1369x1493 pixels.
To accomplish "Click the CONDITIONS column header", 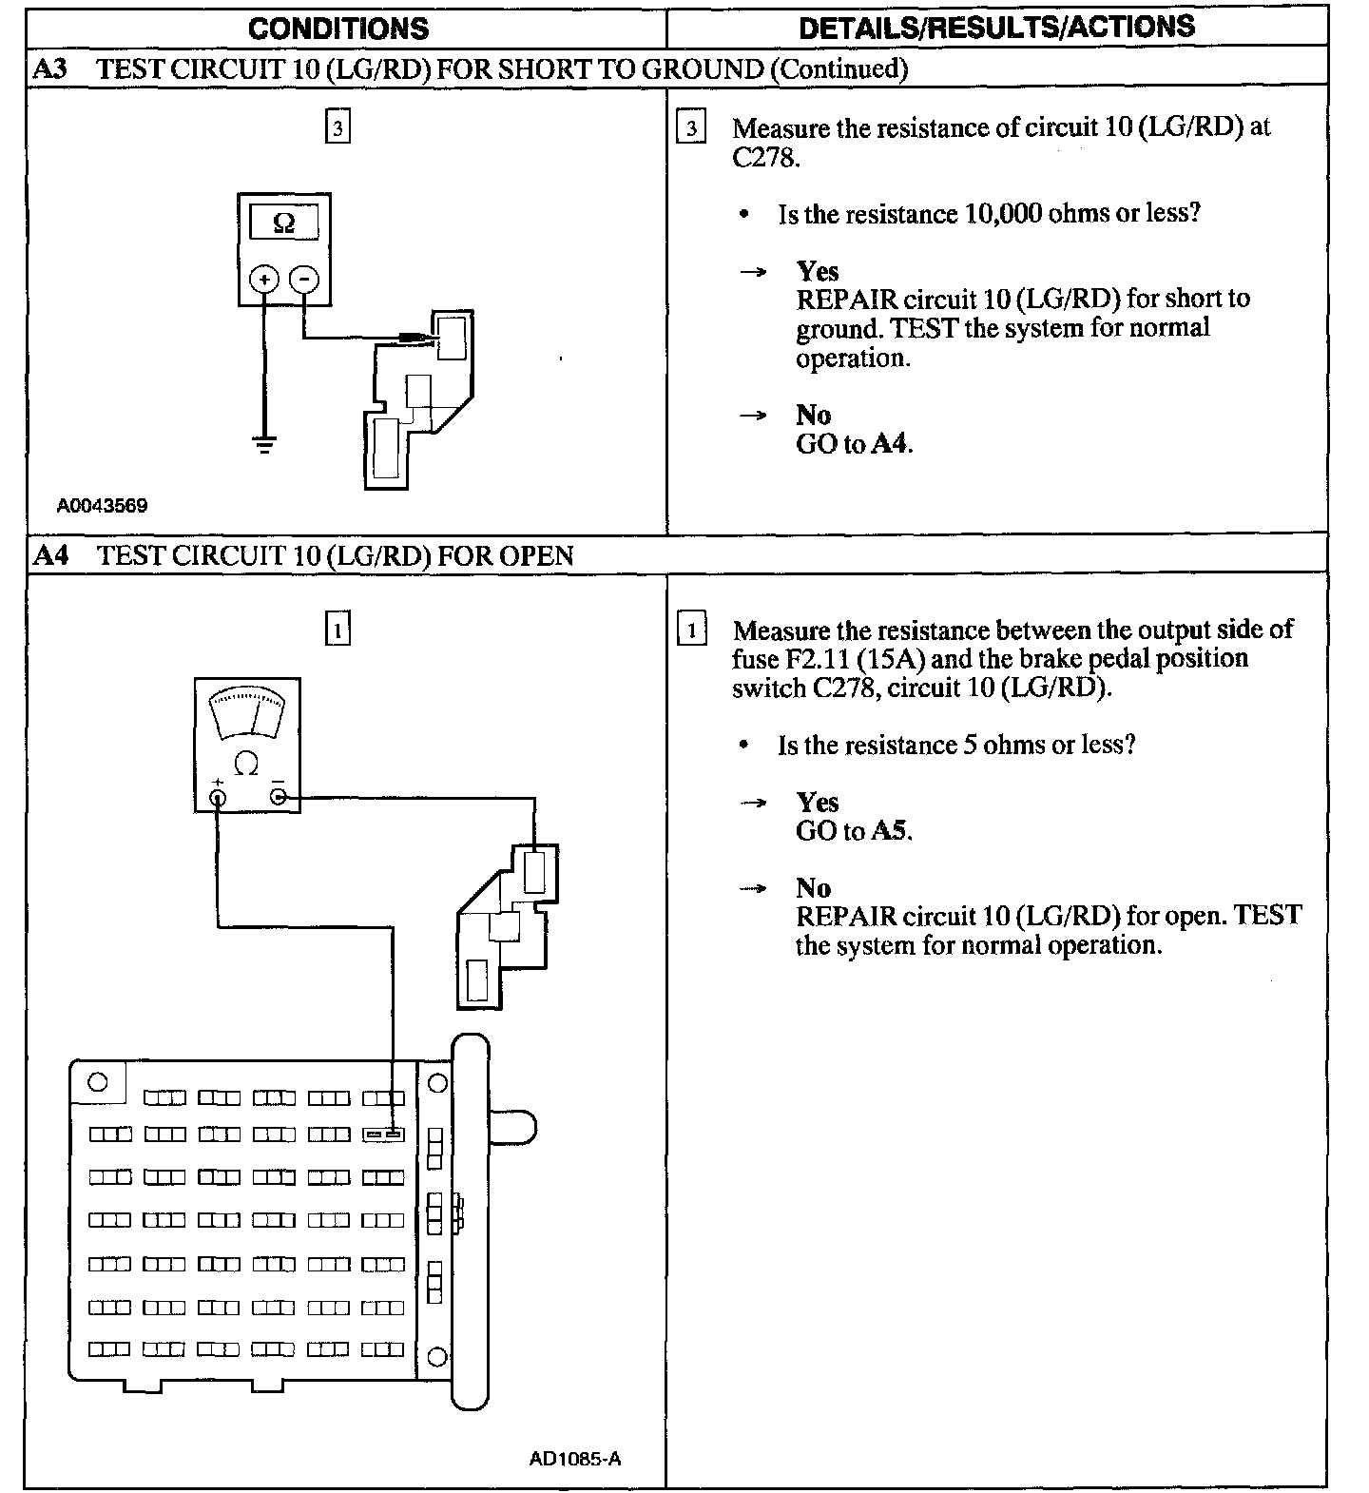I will tap(338, 28).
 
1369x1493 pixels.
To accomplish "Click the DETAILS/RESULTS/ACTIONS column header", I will tap(996, 27).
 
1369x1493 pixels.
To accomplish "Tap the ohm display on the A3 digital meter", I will tap(283, 223).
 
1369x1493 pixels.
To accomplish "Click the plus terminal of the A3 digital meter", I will tap(263, 279).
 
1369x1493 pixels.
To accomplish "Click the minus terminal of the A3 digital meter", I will tap(304, 279).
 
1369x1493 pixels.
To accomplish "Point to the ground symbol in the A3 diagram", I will tap(264, 443).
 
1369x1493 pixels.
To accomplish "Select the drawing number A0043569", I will tap(102, 506).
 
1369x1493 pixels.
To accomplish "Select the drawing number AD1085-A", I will tap(575, 1459).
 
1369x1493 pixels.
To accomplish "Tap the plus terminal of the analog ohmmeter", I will tap(218, 797).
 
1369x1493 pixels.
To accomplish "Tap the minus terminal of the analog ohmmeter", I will tap(279, 796).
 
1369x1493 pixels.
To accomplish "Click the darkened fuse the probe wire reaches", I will tap(383, 1134).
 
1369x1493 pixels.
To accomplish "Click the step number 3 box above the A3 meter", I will tap(337, 127).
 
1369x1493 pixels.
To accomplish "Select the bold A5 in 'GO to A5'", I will tap(891, 831).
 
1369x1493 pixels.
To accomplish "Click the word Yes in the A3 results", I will tap(818, 271).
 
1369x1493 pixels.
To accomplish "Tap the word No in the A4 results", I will tap(813, 888).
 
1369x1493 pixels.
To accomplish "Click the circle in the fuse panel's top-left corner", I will tap(97, 1081).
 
